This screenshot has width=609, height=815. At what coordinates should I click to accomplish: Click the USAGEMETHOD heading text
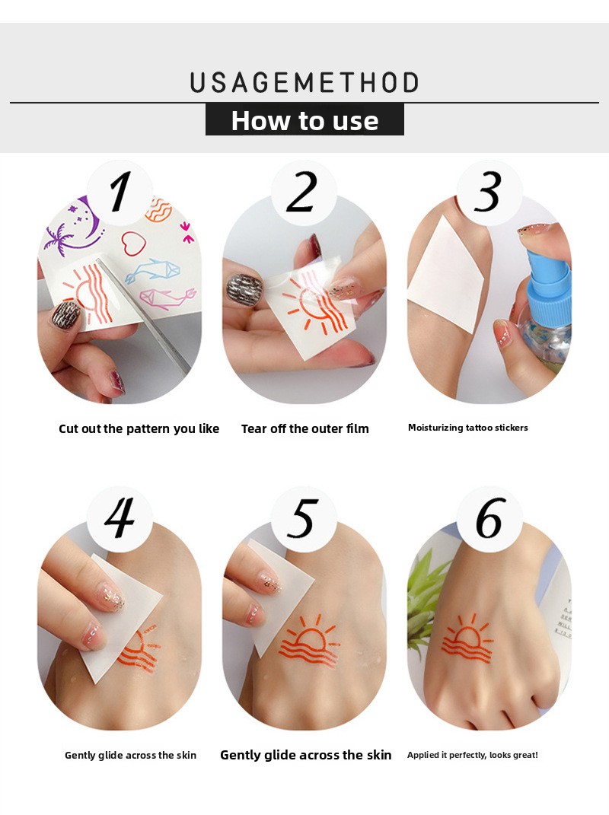(304, 83)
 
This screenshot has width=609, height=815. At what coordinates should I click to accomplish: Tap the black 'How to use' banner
(304, 119)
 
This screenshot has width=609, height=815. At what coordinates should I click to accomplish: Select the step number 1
(120, 192)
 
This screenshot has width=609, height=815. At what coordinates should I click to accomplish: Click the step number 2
(301, 192)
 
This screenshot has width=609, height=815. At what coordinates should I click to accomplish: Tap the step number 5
(303, 518)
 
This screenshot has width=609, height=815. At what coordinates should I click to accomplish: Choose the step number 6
(490, 517)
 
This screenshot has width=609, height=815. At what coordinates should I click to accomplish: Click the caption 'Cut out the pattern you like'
(139, 429)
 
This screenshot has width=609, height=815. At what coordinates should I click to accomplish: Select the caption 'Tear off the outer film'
(304, 429)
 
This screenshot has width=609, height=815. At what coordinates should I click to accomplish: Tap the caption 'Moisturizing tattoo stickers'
(467, 428)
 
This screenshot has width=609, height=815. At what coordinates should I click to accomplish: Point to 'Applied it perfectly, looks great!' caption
(472, 755)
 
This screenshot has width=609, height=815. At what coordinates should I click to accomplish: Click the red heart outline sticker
(133, 242)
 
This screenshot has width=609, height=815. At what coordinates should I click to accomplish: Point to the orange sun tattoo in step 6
(467, 639)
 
